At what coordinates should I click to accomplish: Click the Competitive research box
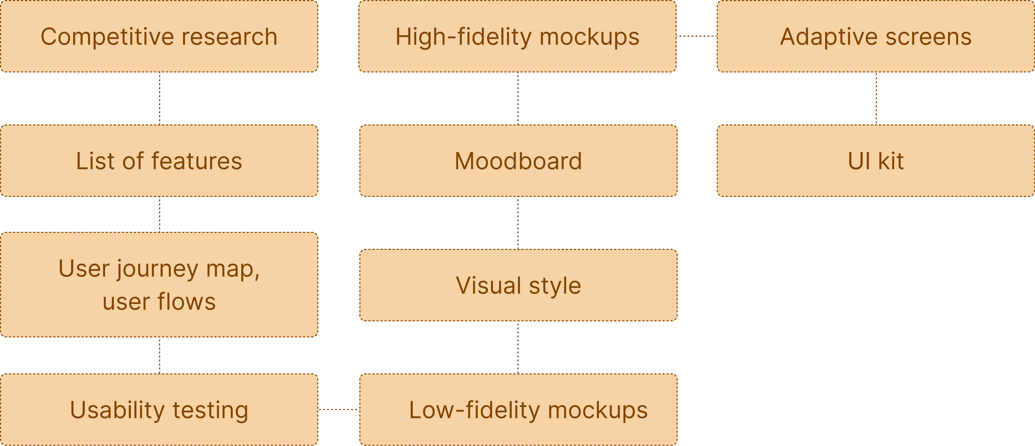[x=159, y=36]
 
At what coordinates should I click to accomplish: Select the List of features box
[x=159, y=161]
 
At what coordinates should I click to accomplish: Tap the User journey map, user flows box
[x=159, y=284]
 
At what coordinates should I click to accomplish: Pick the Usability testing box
[x=159, y=410]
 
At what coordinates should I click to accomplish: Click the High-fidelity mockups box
[x=517, y=36]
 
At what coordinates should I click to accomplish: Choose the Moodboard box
[x=518, y=161]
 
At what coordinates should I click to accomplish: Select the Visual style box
[x=518, y=285]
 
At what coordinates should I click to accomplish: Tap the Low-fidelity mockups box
[x=518, y=410]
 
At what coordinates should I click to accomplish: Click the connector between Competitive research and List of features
[x=160, y=98]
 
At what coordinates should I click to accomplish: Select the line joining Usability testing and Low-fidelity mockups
[x=339, y=410]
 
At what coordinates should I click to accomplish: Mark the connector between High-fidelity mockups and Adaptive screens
[x=696, y=36]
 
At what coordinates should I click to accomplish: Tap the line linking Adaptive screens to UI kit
[x=876, y=98]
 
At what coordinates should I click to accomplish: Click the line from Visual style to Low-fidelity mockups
[x=518, y=348]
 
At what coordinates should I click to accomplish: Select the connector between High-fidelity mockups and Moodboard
[x=518, y=98]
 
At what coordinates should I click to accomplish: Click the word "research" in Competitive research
[x=230, y=36]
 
